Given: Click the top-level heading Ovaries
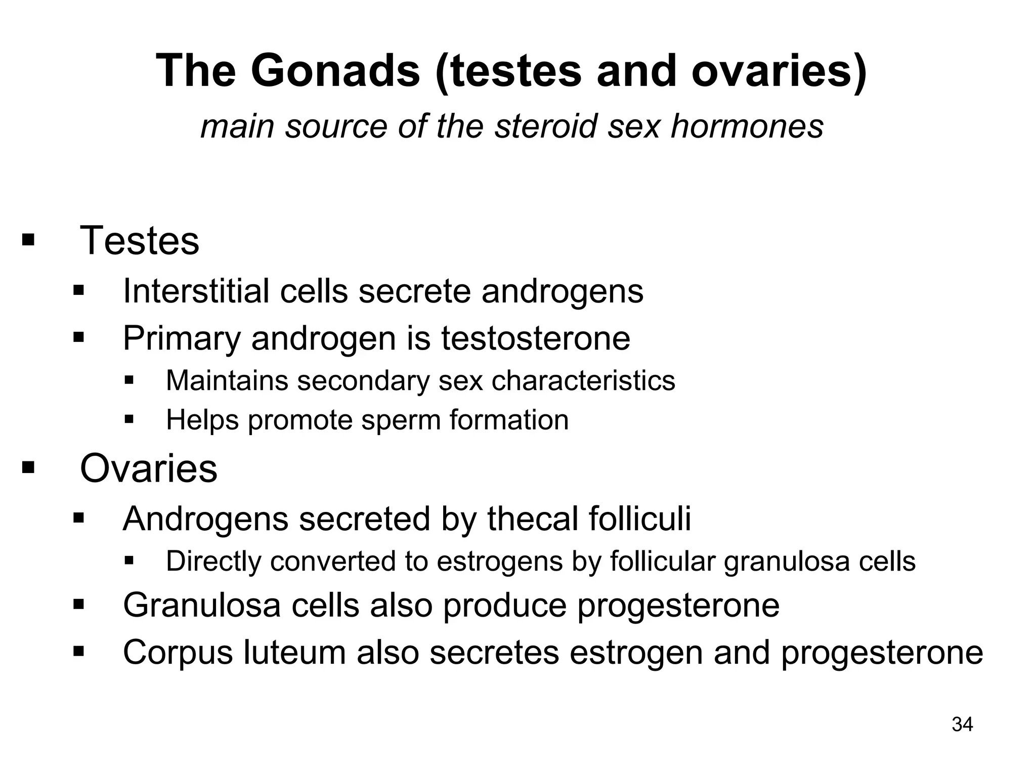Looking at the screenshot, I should pos(149,468).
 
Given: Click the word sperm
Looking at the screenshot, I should pos(395,420).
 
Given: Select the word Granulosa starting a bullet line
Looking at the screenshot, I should pos(202,605).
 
